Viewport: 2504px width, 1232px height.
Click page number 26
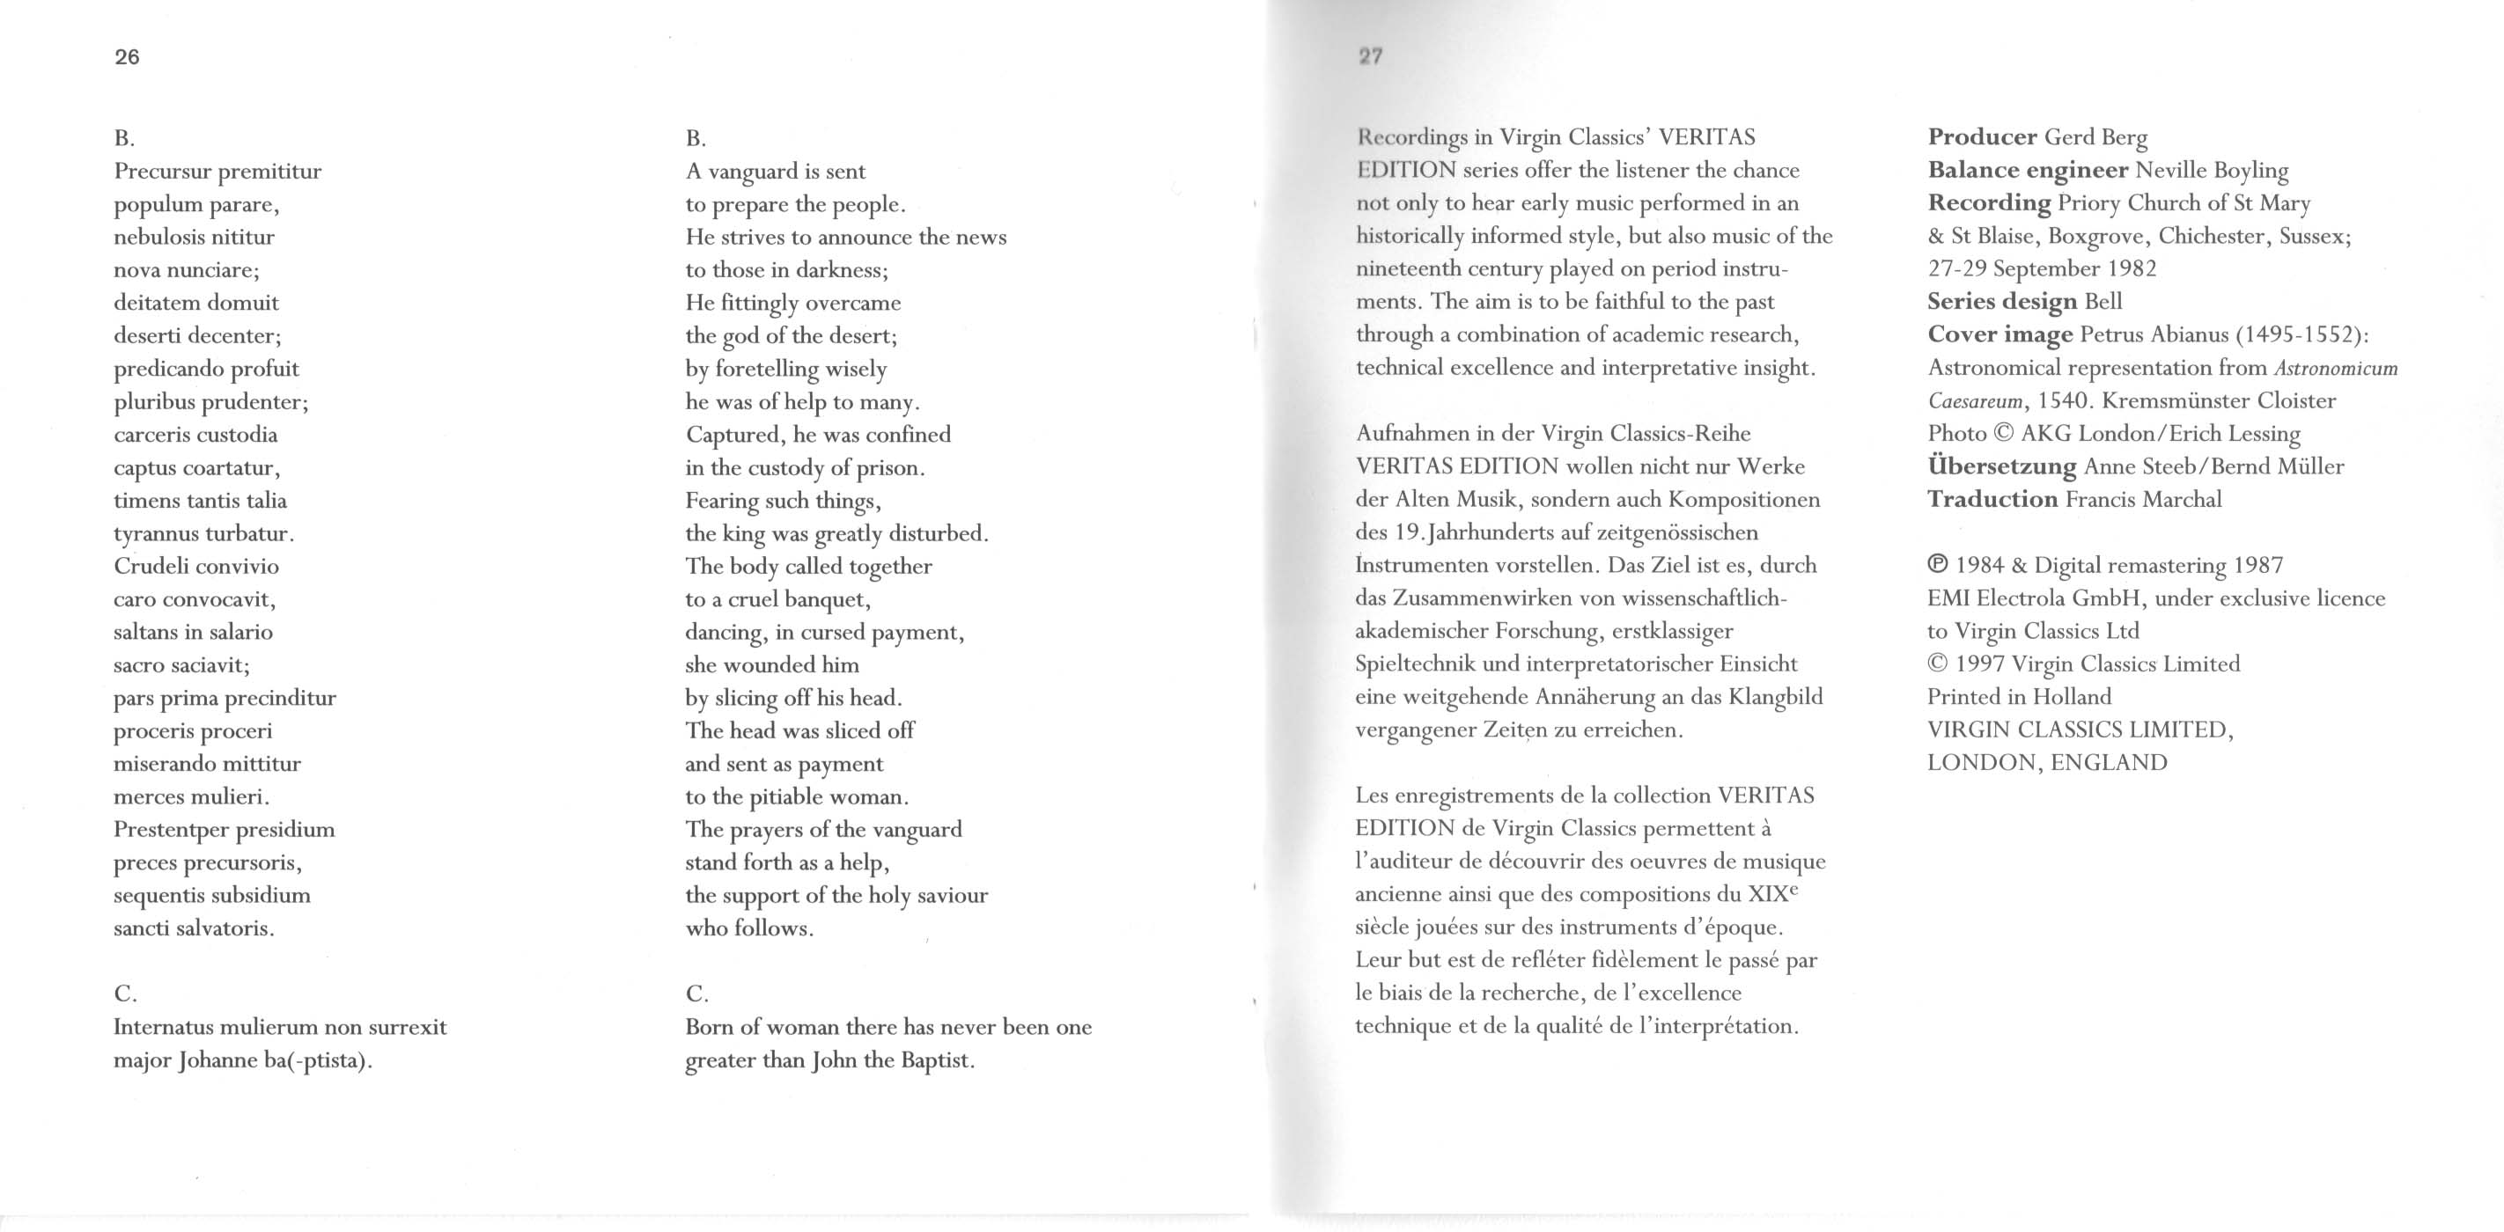coord(128,57)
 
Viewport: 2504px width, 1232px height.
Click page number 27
coord(1371,56)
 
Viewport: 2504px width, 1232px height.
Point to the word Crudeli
coord(149,567)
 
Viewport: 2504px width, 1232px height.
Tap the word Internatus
coord(162,1027)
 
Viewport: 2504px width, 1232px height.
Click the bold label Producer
coord(1982,138)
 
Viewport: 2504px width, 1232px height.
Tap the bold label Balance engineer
coord(2028,171)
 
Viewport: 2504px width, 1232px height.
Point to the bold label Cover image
coord(2000,335)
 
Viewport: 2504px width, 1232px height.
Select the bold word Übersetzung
coord(2001,466)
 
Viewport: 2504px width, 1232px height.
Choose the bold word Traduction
coord(1992,500)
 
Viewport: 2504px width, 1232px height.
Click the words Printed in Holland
coord(2019,698)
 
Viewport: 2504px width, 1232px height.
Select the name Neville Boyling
coord(2212,171)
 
